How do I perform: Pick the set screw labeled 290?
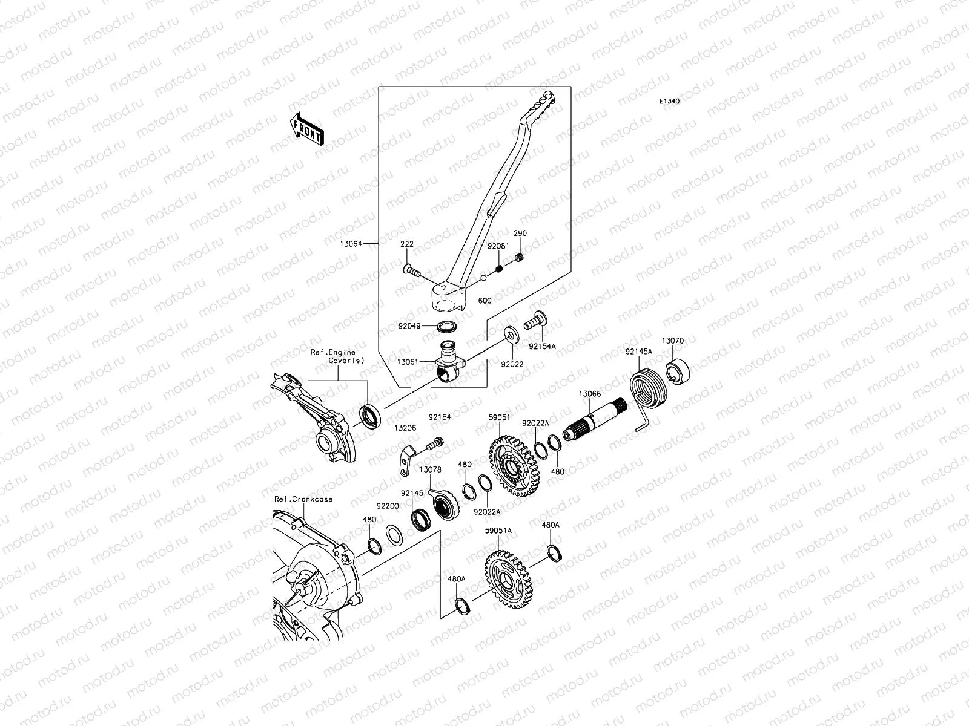(518, 260)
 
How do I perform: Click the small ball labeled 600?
(484, 278)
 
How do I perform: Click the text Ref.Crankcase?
(303, 499)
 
